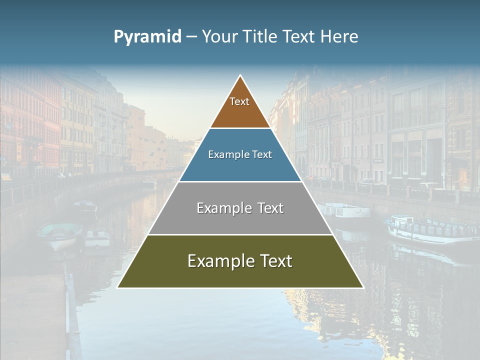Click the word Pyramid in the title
[x=147, y=37]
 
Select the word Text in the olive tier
[x=273, y=261]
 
